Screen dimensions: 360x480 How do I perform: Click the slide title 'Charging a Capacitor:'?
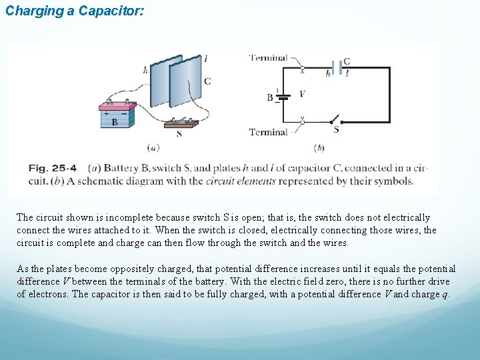[x=74, y=12]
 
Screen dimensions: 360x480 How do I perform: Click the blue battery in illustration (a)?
[x=117, y=115]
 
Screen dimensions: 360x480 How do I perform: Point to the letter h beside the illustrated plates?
[x=145, y=69]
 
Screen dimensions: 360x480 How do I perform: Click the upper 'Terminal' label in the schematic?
[x=268, y=58]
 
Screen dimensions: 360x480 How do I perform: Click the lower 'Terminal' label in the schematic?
[x=268, y=132]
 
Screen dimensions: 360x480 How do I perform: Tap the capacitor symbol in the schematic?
[x=337, y=69]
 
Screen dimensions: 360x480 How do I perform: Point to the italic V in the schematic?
[x=302, y=94]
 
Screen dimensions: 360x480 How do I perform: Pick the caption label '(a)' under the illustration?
[x=153, y=147]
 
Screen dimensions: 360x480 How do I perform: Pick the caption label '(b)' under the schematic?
[x=319, y=147]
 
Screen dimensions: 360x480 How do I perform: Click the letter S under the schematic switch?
[x=336, y=130]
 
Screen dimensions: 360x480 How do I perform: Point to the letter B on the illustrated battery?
[x=115, y=123]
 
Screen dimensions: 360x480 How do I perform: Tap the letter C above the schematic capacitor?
[x=347, y=61]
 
